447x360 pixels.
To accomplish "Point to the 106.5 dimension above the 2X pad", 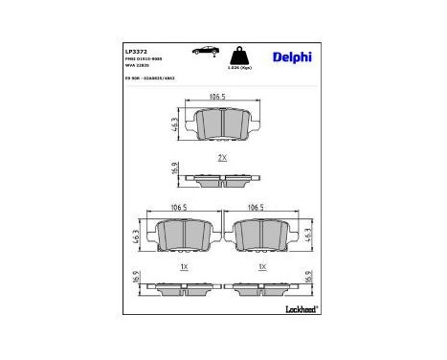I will (x=222, y=97).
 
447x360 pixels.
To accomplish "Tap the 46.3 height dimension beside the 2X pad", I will (x=175, y=123).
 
